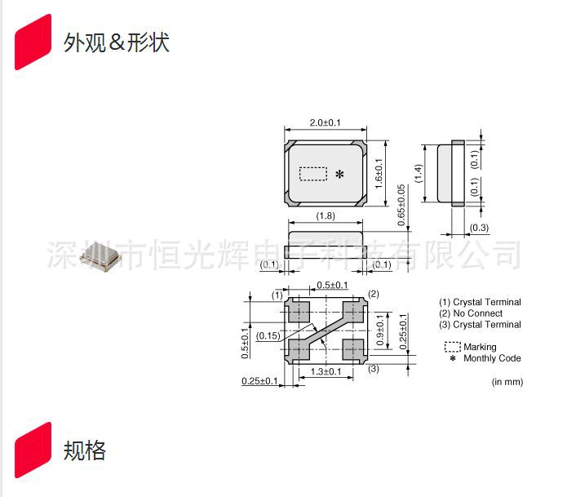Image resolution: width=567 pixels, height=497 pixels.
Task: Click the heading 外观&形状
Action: [x=116, y=42]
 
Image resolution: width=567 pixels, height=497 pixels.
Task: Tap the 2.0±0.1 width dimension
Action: [x=325, y=122]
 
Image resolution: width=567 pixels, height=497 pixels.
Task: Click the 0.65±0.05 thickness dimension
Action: [x=401, y=206]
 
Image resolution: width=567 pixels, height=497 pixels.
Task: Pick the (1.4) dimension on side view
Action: [x=419, y=174]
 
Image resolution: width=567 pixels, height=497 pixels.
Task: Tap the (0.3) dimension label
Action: [x=479, y=228]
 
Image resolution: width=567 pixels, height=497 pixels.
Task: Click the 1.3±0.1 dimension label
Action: [x=327, y=372]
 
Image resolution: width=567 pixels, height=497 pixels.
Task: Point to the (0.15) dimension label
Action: [x=268, y=335]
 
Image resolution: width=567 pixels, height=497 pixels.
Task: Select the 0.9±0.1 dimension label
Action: [x=380, y=330]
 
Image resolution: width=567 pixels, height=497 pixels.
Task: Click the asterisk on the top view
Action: [x=340, y=175]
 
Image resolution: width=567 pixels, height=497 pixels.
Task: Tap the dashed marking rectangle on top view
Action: [x=313, y=174]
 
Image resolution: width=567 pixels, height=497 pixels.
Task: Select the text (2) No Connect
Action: [x=471, y=313]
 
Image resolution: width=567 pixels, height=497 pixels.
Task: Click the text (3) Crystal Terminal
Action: [x=480, y=325]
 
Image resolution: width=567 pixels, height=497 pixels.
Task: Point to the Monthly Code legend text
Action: [x=492, y=358]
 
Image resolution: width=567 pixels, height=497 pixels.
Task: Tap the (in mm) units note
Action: [x=507, y=382]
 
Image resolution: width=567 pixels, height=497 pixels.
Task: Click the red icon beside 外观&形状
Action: [x=33, y=42]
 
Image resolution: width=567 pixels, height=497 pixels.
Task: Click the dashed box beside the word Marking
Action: [x=451, y=347]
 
